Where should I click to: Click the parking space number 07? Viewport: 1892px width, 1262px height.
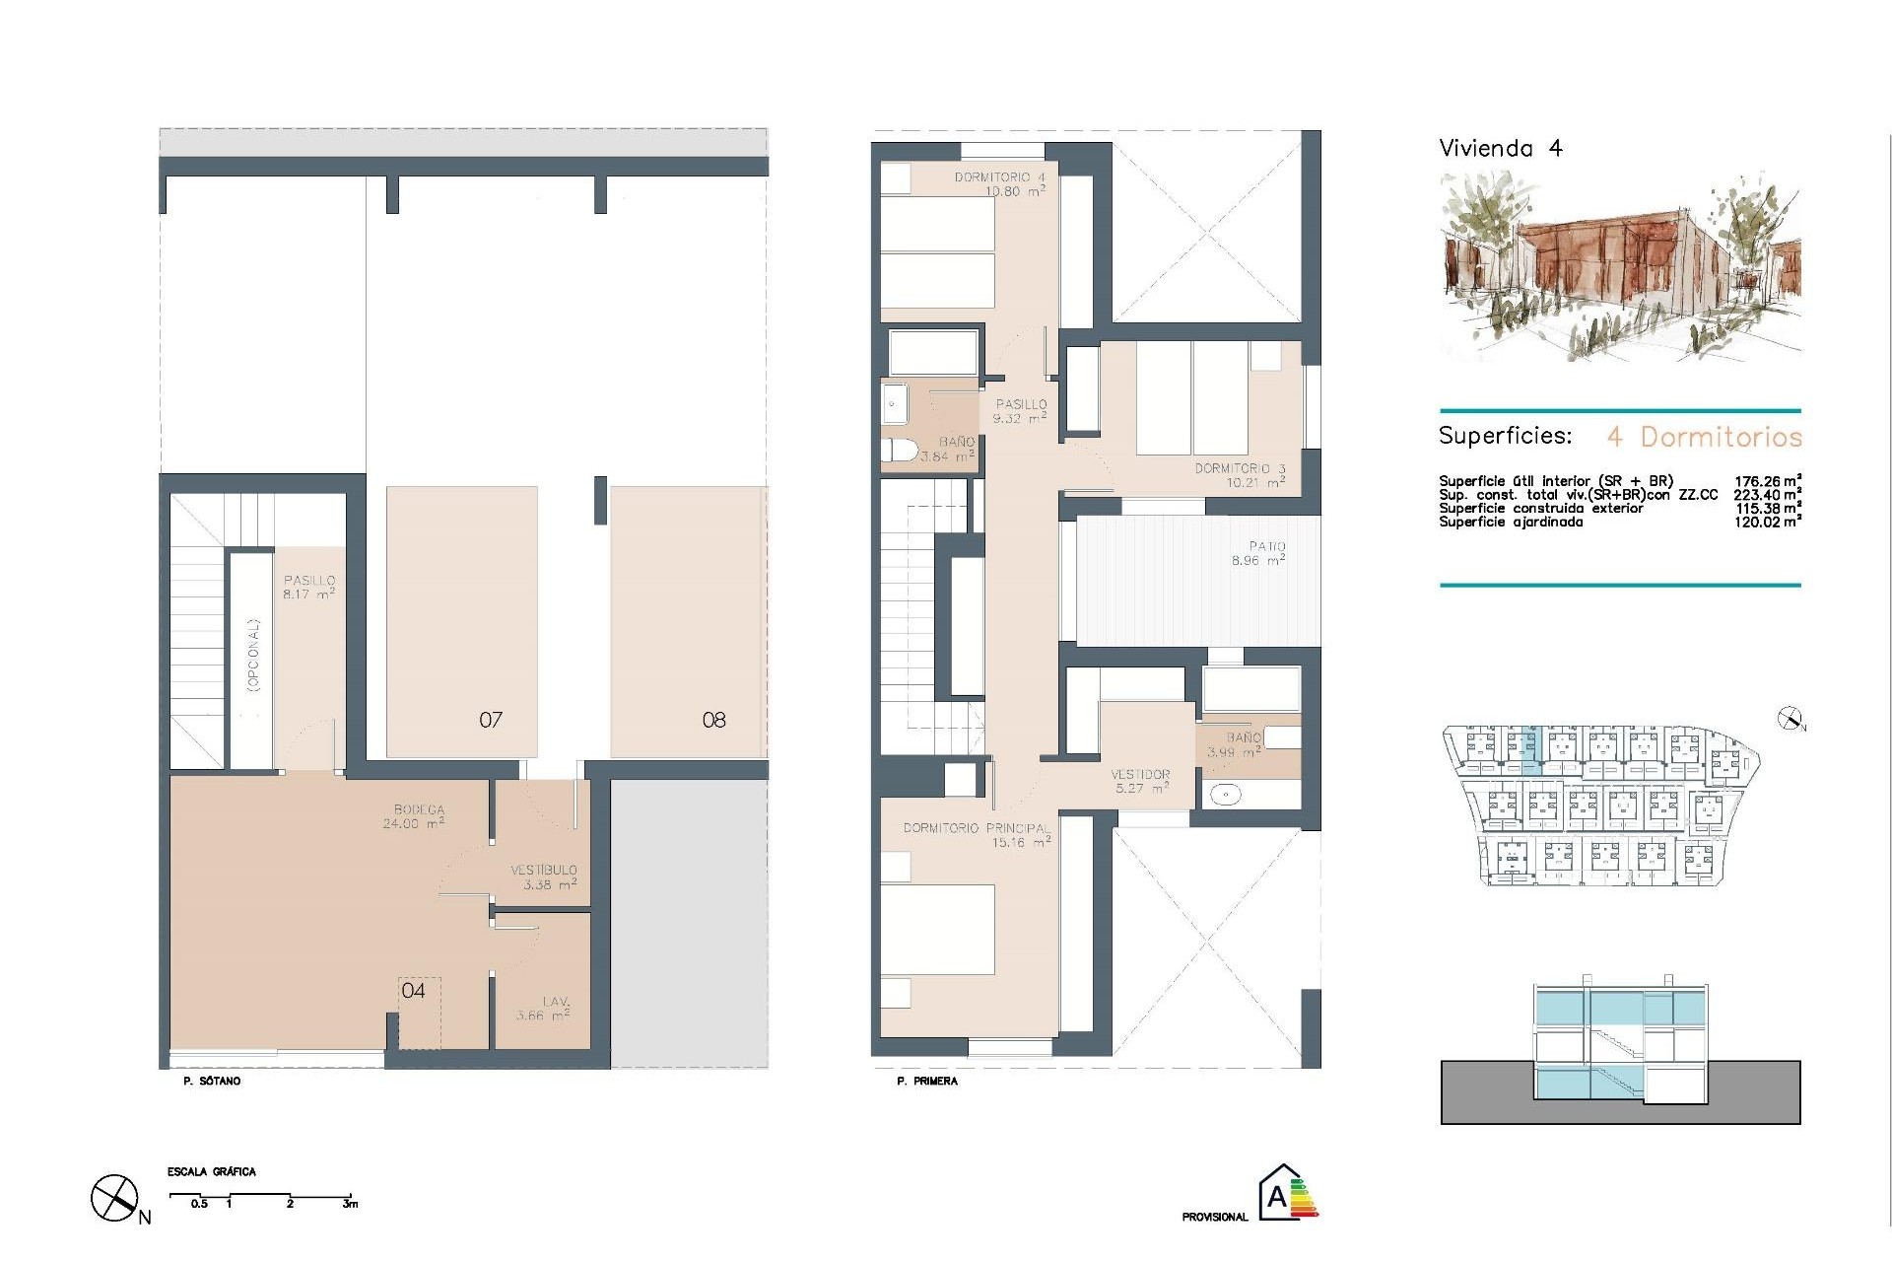click(491, 720)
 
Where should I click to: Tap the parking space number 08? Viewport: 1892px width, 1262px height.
click(713, 720)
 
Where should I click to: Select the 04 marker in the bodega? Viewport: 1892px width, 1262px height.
click(413, 990)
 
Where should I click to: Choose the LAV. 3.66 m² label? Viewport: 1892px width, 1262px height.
click(544, 1008)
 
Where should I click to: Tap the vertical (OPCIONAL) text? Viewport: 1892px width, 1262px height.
click(253, 655)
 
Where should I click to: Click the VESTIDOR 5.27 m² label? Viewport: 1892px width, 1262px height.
click(1141, 781)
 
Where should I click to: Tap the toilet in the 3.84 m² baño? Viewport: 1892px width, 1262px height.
click(898, 451)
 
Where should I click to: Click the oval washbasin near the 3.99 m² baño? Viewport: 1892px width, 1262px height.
click(1225, 794)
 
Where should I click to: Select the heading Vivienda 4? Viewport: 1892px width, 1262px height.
click(1500, 149)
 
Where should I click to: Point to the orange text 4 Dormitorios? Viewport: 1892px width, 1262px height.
click(1704, 437)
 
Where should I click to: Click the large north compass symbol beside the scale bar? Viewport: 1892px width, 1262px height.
click(114, 1198)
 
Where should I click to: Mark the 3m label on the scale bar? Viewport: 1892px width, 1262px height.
click(350, 1204)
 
